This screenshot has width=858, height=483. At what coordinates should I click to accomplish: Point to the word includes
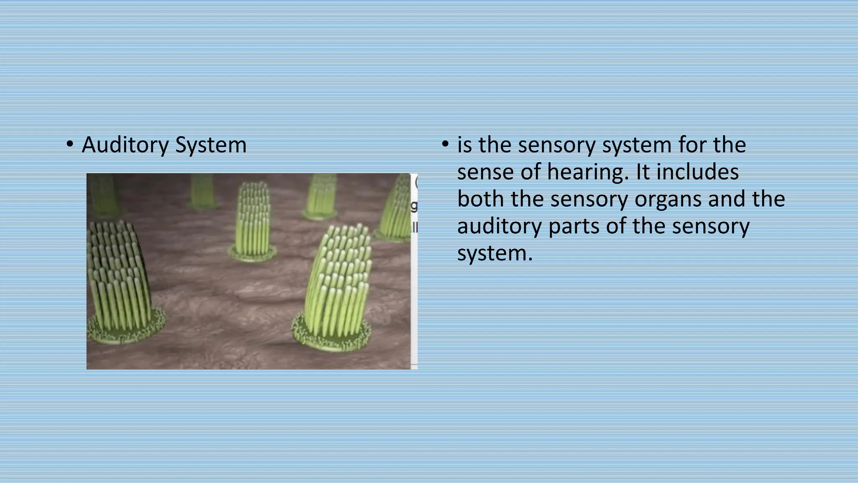pyautogui.click(x=697, y=172)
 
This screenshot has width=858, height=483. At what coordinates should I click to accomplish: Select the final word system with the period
pyautogui.click(x=494, y=254)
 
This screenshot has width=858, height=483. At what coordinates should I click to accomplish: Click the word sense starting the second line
pyautogui.click(x=485, y=172)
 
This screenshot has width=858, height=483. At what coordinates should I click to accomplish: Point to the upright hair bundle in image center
pyautogui.click(x=253, y=218)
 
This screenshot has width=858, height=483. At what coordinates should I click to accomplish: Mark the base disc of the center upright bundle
pyautogui.click(x=252, y=253)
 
